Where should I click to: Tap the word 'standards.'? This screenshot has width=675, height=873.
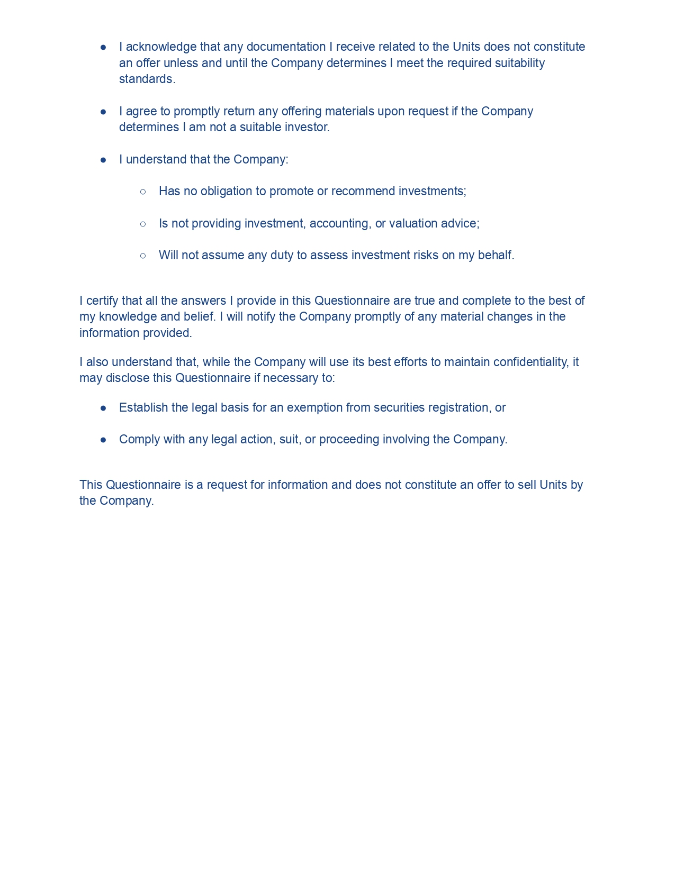[x=147, y=79]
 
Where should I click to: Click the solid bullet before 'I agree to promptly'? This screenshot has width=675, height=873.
[x=104, y=112]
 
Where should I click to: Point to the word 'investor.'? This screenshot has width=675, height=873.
[x=308, y=128]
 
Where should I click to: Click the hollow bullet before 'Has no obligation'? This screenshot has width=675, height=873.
[x=143, y=192]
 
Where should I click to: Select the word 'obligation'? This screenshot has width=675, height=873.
[x=227, y=192]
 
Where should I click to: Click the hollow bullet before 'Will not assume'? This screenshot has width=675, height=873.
[x=143, y=256]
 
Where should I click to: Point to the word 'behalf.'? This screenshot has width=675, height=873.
[x=496, y=256]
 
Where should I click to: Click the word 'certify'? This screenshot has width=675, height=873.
[x=102, y=301]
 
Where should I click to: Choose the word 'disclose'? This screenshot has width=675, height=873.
[x=128, y=378]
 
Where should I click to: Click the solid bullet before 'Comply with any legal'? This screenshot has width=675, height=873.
[x=104, y=440]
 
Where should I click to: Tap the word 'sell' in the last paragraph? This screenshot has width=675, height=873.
[x=527, y=485]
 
